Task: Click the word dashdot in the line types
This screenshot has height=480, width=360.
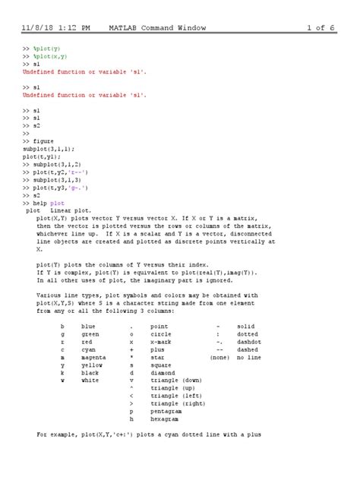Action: (249, 340)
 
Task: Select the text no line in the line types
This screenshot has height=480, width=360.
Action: (249, 355)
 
